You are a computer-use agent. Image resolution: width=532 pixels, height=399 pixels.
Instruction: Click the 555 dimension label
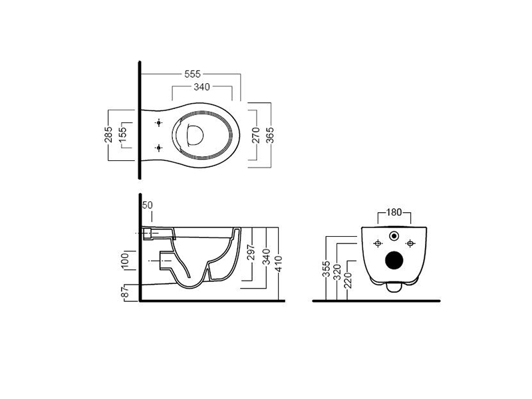coord(192,74)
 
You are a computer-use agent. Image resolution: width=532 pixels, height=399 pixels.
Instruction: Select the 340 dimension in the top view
coord(201,87)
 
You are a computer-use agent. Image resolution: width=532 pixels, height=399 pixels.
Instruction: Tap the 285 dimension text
coord(108,135)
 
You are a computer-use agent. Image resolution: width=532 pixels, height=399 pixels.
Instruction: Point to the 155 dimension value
coord(122,135)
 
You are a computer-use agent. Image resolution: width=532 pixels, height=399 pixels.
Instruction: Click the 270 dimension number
coord(256,135)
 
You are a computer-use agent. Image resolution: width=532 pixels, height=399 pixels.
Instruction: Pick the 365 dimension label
coord(270,135)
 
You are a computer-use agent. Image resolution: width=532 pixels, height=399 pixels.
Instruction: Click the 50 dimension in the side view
coord(148,205)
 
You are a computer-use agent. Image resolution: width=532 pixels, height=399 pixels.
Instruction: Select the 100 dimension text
coord(125,261)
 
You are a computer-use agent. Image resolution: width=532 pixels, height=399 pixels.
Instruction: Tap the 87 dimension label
coord(125,292)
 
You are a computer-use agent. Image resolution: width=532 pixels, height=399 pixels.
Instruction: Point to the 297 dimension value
coord(251,252)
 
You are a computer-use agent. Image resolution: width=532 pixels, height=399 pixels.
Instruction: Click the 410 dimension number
coord(279,263)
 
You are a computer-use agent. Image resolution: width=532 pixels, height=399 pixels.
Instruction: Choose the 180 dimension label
coord(394,212)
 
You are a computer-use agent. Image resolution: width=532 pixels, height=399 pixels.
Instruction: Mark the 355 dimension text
coord(327,269)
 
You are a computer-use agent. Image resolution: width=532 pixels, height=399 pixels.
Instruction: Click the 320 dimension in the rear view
coord(337,272)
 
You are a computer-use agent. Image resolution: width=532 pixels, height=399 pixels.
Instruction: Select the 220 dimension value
coord(348,280)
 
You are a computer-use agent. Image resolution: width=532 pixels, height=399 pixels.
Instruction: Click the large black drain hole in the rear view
coord(394,261)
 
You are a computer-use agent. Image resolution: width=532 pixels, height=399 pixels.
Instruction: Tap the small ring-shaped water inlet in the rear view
coord(394,236)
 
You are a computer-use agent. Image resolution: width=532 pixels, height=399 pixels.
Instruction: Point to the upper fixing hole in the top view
coord(158,123)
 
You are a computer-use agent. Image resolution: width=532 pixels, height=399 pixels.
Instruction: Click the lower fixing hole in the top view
coord(158,148)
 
